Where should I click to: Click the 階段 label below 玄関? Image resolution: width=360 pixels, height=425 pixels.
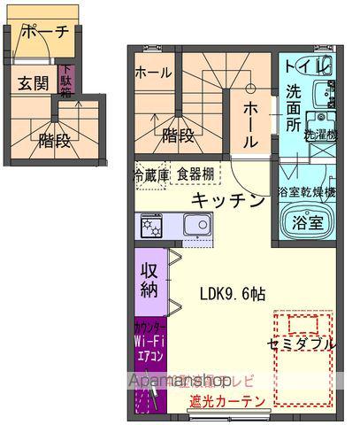55,139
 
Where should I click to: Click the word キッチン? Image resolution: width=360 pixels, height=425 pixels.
228,200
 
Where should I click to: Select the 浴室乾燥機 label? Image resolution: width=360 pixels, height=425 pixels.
307,191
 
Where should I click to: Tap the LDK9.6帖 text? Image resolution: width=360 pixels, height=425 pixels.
234,293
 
